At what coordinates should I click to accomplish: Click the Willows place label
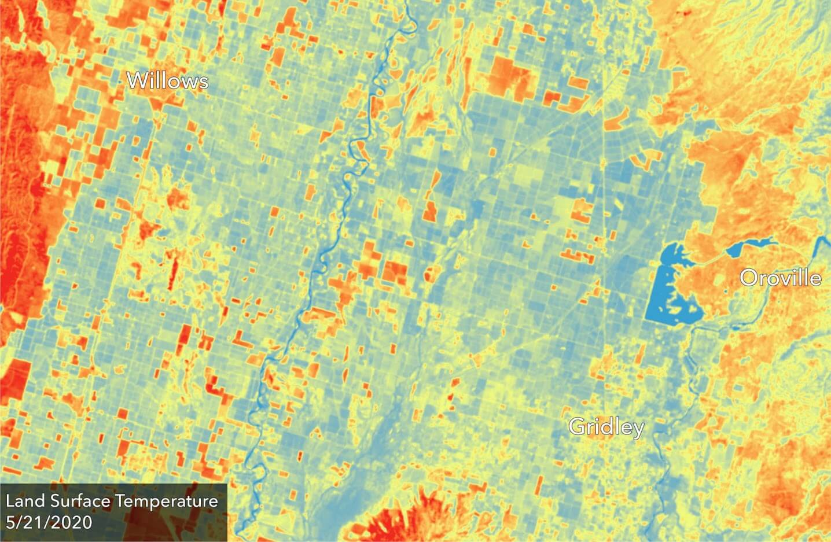pyautogui.click(x=167, y=80)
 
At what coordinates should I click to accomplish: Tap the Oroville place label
pyautogui.click(x=780, y=278)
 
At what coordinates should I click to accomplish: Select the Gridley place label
pyautogui.click(x=606, y=427)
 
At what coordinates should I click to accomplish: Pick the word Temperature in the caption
pyautogui.click(x=168, y=502)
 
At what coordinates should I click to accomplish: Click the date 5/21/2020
pyautogui.click(x=49, y=522)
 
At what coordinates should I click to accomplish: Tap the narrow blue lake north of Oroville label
pyautogui.click(x=749, y=245)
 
